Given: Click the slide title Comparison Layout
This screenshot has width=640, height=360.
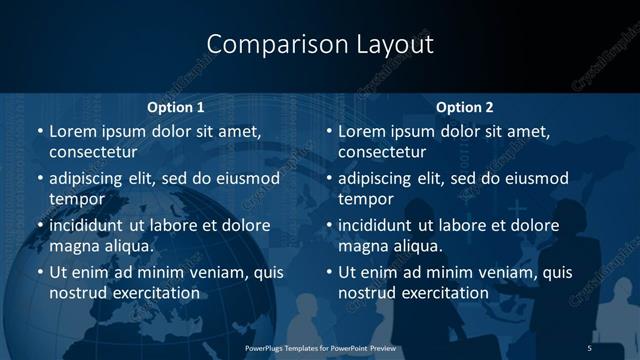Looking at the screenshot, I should pos(320,45).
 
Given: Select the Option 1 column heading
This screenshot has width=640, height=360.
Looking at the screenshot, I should pos(175,107).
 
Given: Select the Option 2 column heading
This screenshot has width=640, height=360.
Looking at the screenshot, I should pos(464,107).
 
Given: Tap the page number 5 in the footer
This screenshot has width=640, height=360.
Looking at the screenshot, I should pos(589,346).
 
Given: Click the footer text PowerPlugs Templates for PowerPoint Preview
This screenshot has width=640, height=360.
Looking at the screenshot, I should pos(320,346).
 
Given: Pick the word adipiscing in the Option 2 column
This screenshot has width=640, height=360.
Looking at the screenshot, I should pos(378,179).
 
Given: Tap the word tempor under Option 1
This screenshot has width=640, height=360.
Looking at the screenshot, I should pos(75,199).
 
